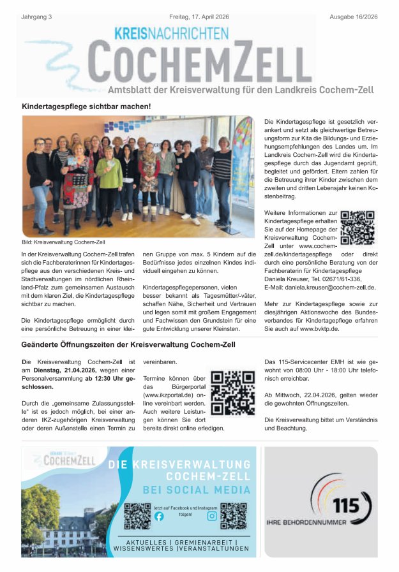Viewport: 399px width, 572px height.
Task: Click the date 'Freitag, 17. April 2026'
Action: pyautogui.click(x=199, y=17)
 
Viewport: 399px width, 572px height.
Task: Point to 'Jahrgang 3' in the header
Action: pyautogui.click(x=36, y=17)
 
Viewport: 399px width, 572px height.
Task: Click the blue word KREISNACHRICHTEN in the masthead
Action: pyautogui.click(x=170, y=33)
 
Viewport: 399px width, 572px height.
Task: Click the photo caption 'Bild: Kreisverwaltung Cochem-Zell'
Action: pyautogui.click(x=63, y=243)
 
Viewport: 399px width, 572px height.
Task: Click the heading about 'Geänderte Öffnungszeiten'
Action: pyautogui.click(x=128, y=344)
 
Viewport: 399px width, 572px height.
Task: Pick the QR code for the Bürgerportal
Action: pyautogui.click(x=232, y=392)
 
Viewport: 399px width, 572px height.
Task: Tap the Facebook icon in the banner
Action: pyautogui.click(x=159, y=517)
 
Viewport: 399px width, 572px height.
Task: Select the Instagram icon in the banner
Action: pyautogui.click(x=212, y=516)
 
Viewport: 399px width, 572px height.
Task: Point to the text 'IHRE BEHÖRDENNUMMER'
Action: pyautogui.click(x=306, y=522)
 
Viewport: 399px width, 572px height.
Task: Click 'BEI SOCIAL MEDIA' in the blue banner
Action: pyautogui.click(x=196, y=490)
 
